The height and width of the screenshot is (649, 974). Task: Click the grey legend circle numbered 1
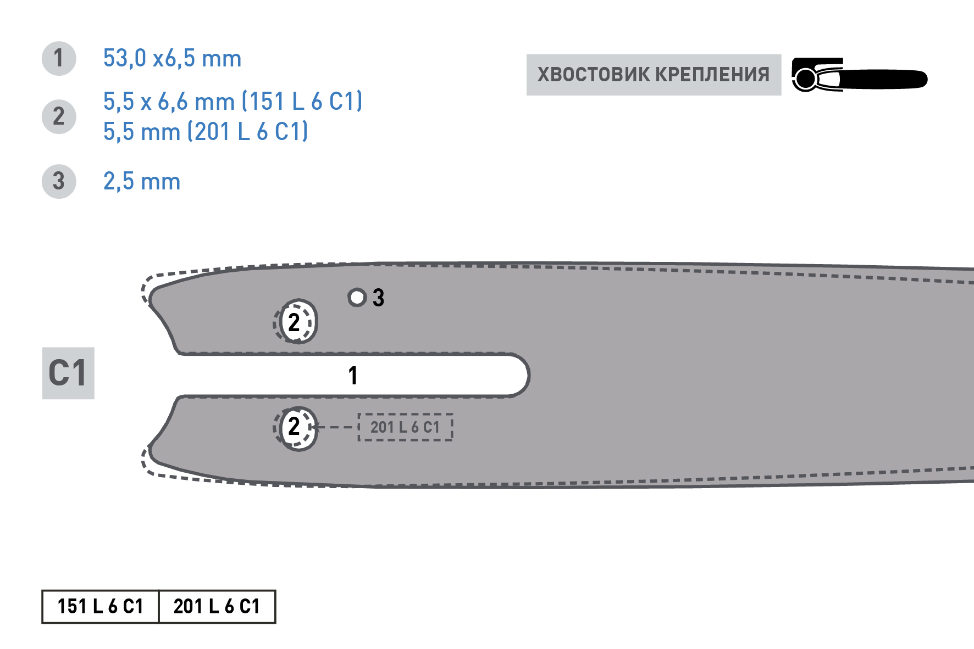59,58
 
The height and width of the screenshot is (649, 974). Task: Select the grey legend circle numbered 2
59,116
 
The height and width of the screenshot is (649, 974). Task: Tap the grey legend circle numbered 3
59,181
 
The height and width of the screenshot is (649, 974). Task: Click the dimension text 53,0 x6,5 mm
172,58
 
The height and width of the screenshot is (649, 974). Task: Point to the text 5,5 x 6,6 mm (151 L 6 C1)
233,102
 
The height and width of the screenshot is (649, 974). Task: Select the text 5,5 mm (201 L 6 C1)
206,132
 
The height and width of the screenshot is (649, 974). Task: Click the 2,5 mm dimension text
142,181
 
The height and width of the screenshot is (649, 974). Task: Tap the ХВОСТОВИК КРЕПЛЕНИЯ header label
654,75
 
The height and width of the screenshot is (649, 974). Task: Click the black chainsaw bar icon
859,75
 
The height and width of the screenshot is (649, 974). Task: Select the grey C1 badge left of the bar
68,373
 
